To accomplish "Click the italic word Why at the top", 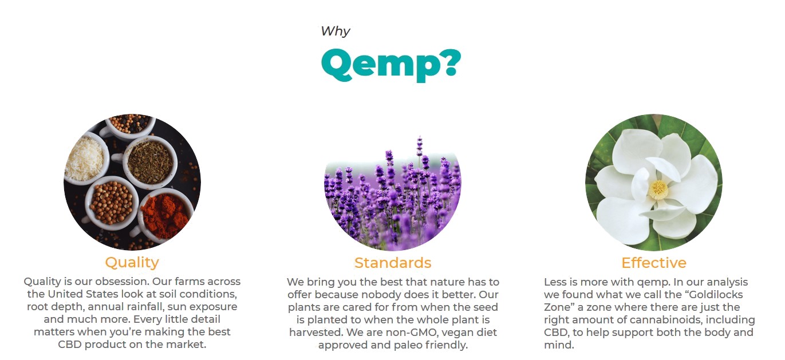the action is (x=336, y=31).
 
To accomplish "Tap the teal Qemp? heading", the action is (x=391, y=65).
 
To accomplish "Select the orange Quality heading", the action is (x=132, y=263).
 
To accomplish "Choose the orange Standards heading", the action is (x=393, y=263).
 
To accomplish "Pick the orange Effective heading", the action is (x=653, y=263).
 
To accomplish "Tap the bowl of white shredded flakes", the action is (x=85, y=159).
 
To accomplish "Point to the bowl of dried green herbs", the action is (x=149, y=162).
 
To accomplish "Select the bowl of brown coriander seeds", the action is (x=112, y=203).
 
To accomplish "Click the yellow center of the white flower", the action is (x=658, y=189).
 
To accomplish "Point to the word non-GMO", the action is (x=404, y=332).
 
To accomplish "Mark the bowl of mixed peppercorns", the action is (x=131, y=124).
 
